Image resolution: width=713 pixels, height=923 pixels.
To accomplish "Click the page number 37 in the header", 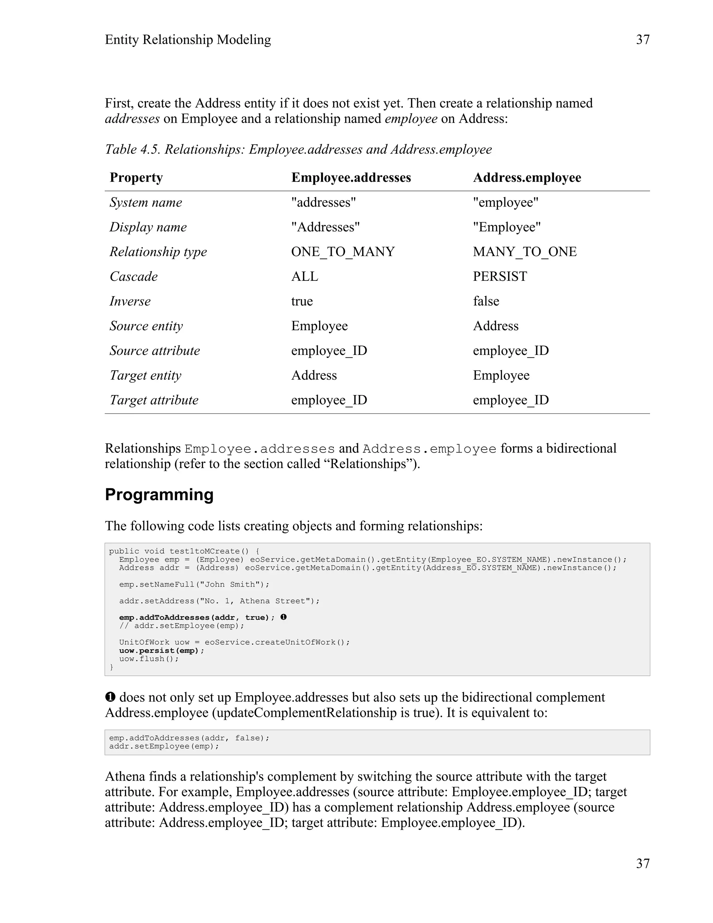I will click(x=642, y=40).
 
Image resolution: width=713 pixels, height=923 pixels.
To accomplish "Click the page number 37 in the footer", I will click(x=642, y=863).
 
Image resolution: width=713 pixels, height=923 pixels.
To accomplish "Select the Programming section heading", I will click(x=159, y=495).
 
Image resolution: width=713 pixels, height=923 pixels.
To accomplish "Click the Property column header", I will click(x=136, y=178).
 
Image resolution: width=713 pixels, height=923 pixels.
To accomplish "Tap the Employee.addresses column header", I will click(x=351, y=178).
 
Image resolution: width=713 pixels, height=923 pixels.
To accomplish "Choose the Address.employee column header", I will click(x=527, y=178).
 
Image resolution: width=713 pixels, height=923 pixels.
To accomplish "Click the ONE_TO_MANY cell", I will click(x=343, y=252).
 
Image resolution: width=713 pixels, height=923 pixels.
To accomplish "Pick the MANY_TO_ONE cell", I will click(x=525, y=252).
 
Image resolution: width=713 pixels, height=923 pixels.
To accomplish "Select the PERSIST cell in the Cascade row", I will click(x=500, y=277).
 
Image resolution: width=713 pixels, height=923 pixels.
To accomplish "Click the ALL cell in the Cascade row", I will click(x=305, y=277).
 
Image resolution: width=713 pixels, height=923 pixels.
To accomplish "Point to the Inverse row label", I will click(x=130, y=301).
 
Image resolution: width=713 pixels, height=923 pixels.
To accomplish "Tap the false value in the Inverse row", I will click(x=486, y=301).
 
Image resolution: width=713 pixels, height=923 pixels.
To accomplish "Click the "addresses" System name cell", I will click(x=323, y=202).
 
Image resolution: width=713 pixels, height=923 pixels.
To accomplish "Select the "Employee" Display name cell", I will click(x=507, y=227).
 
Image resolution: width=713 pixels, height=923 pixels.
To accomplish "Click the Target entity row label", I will click(x=145, y=375).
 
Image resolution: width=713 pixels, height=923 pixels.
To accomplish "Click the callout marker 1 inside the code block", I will click(x=283, y=617).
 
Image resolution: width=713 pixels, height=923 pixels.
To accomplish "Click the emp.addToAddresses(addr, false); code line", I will click(x=189, y=738).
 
